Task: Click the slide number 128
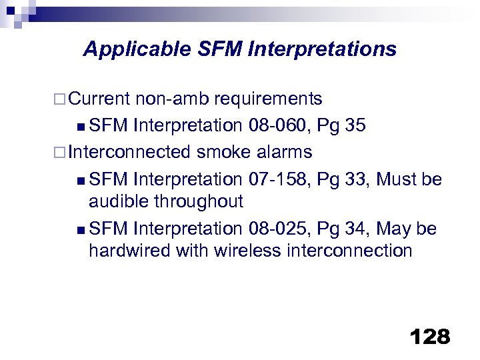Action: (x=430, y=337)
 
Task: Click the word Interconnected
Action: (x=131, y=152)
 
